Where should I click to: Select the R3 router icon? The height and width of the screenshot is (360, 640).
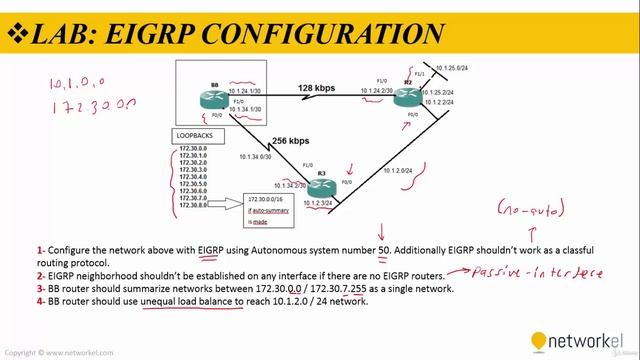coord(322,187)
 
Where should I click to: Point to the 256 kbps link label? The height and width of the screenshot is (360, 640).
coord(279,141)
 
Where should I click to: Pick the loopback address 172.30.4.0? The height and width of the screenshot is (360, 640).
coord(193,177)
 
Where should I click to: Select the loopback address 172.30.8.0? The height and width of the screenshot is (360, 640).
coord(193,205)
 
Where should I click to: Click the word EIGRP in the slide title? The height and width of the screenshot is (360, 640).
coord(146,35)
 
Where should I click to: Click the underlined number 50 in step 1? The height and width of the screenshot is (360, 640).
coord(384,250)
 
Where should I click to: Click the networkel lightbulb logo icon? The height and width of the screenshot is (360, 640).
coord(539,341)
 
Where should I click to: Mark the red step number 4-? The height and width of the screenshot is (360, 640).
coord(42,300)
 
